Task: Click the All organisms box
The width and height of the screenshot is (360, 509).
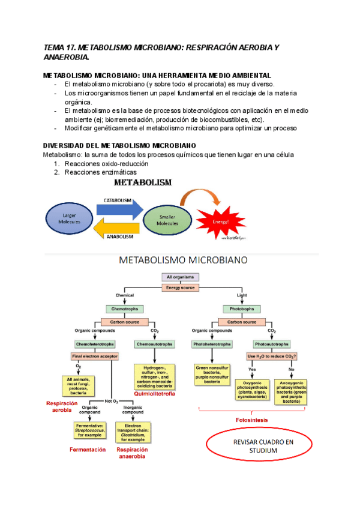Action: [180, 277]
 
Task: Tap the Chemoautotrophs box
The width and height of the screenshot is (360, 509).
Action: [154, 345]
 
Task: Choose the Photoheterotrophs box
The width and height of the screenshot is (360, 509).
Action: [212, 345]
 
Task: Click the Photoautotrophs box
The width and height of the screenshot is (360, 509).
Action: [271, 345]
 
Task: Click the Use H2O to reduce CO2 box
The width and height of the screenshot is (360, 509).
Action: [272, 356]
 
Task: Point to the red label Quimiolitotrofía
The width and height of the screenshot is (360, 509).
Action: [155, 394]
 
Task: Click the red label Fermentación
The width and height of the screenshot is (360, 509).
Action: [88, 449]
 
